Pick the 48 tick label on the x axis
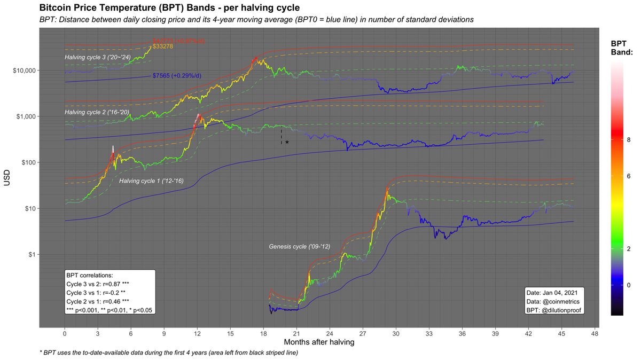coord(594,333)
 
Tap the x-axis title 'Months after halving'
coord(318,341)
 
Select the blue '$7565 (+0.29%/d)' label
coord(177,76)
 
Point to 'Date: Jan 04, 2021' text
coord(554,293)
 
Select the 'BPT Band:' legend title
coord(622,48)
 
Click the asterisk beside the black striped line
coord(287,143)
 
